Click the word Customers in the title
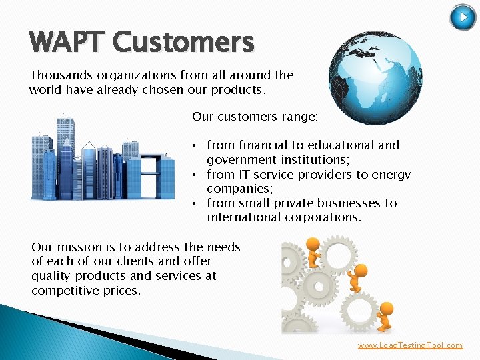[x=183, y=42]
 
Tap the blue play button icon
[x=463, y=17]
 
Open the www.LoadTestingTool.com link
[x=410, y=345]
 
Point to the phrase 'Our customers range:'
[x=255, y=117]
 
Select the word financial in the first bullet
[x=261, y=145]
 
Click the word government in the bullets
[x=241, y=160]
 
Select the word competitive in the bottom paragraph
[x=66, y=291]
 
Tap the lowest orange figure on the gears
[x=385, y=315]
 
